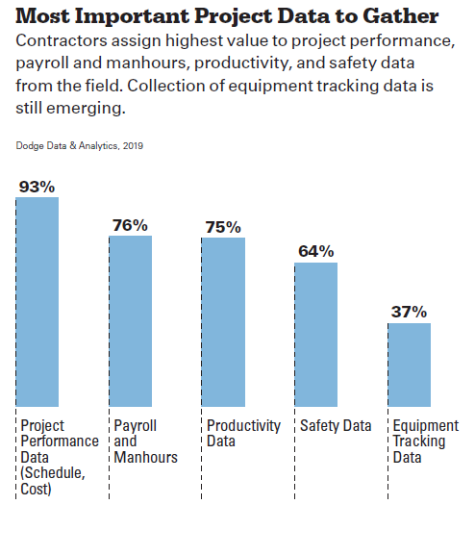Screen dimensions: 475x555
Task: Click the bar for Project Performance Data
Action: tap(37, 302)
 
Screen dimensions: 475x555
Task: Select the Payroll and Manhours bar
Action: tap(131, 321)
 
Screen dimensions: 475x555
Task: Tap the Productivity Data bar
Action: tap(223, 322)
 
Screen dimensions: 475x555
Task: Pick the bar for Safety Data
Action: tap(316, 335)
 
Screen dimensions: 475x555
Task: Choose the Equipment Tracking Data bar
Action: tap(410, 365)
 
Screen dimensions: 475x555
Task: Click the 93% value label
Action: tap(37, 187)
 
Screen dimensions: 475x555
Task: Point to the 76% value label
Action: tap(130, 225)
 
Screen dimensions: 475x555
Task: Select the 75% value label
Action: tap(223, 227)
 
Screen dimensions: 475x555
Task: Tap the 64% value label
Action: tap(316, 251)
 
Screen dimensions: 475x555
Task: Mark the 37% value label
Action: tap(409, 312)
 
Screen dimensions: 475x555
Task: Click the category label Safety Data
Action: tap(336, 426)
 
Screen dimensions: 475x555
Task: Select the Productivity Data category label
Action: tap(243, 434)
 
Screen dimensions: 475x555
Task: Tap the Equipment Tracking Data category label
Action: tap(426, 441)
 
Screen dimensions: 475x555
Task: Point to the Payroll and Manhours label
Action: tap(145, 441)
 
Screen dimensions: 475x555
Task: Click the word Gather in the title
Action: tap(401, 16)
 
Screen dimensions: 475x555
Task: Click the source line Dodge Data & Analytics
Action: tap(66, 146)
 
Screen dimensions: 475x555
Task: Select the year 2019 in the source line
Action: tap(133, 146)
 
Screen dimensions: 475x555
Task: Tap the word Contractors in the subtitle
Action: tap(62, 41)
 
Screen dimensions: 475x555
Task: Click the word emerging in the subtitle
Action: tap(86, 109)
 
